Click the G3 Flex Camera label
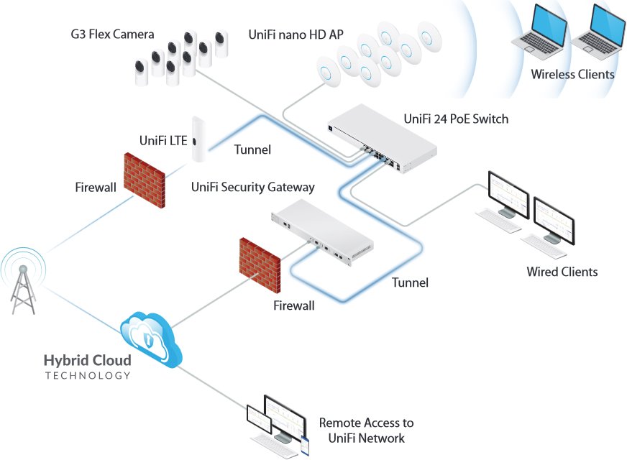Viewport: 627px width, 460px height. (112, 34)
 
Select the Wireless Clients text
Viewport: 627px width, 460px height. (572, 74)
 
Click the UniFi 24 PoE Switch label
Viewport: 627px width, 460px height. (456, 119)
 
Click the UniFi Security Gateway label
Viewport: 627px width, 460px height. (253, 187)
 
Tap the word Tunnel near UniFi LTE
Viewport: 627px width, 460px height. (252, 150)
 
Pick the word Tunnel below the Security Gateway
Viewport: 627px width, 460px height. (410, 282)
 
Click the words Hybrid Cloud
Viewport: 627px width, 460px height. (88, 360)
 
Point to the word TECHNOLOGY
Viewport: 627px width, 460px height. (88, 375)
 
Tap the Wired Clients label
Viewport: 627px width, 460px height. (562, 272)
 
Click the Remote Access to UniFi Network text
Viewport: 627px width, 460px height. (366, 431)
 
